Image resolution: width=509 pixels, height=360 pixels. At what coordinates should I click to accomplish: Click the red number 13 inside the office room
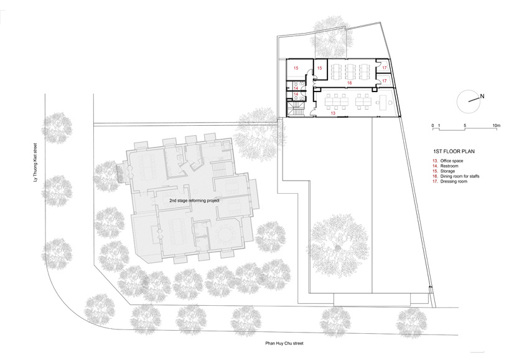(x=333, y=113)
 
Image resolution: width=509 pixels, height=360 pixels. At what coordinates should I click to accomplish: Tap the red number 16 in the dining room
(x=349, y=83)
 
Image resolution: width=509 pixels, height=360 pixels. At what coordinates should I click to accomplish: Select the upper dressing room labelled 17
(x=385, y=66)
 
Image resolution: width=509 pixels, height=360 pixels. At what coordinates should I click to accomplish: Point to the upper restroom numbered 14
(x=297, y=86)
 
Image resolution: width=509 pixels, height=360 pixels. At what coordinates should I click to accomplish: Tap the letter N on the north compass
(x=482, y=96)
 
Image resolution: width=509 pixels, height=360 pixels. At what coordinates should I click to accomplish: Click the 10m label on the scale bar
(x=497, y=125)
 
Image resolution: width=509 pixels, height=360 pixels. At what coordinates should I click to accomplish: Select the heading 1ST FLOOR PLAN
(x=454, y=151)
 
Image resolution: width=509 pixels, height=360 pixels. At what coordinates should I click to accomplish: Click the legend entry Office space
(x=452, y=161)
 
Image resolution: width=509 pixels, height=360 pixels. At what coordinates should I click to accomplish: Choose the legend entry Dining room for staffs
(x=460, y=176)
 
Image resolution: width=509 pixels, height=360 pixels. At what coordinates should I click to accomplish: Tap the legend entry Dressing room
(x=454, y=181)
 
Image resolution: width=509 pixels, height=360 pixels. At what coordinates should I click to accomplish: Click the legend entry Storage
(x=447, y=171)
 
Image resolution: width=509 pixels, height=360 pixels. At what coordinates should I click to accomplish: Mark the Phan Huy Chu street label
(x=284, y=343)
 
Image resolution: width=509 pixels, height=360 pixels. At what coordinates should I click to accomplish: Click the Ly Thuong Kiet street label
(x=36, y=163)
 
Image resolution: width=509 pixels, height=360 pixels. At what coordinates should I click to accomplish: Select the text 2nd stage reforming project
(x=194, y=201)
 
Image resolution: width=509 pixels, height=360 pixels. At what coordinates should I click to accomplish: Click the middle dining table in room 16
(x=350, y=72)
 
